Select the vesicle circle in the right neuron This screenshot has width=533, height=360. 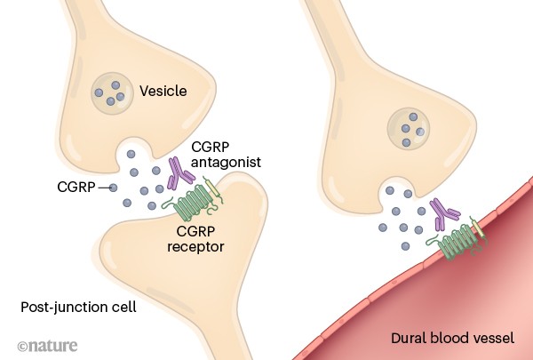point(409,130)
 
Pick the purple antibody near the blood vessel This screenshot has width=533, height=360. point(445,212)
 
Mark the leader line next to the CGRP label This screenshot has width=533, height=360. point(107,188)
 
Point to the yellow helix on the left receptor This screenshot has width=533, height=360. point(212,190)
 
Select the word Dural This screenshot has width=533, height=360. point(410,339)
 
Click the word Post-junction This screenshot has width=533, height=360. point(52,307)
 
